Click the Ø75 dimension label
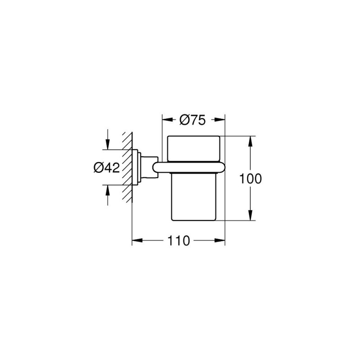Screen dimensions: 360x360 point(193,120)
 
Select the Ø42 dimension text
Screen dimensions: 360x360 point(107,167)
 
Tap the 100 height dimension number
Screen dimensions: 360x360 point(250,179)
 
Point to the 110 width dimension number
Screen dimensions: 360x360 point(179,241)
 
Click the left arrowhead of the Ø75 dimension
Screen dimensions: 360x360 point(167,120)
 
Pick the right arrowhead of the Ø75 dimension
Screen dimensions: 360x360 point(220,120)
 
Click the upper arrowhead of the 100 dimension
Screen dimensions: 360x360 point(250,141)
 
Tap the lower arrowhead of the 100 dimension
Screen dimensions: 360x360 point(250,216)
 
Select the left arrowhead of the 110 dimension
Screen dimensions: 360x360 point(137,240)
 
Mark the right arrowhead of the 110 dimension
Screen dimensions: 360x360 point(220,240)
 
